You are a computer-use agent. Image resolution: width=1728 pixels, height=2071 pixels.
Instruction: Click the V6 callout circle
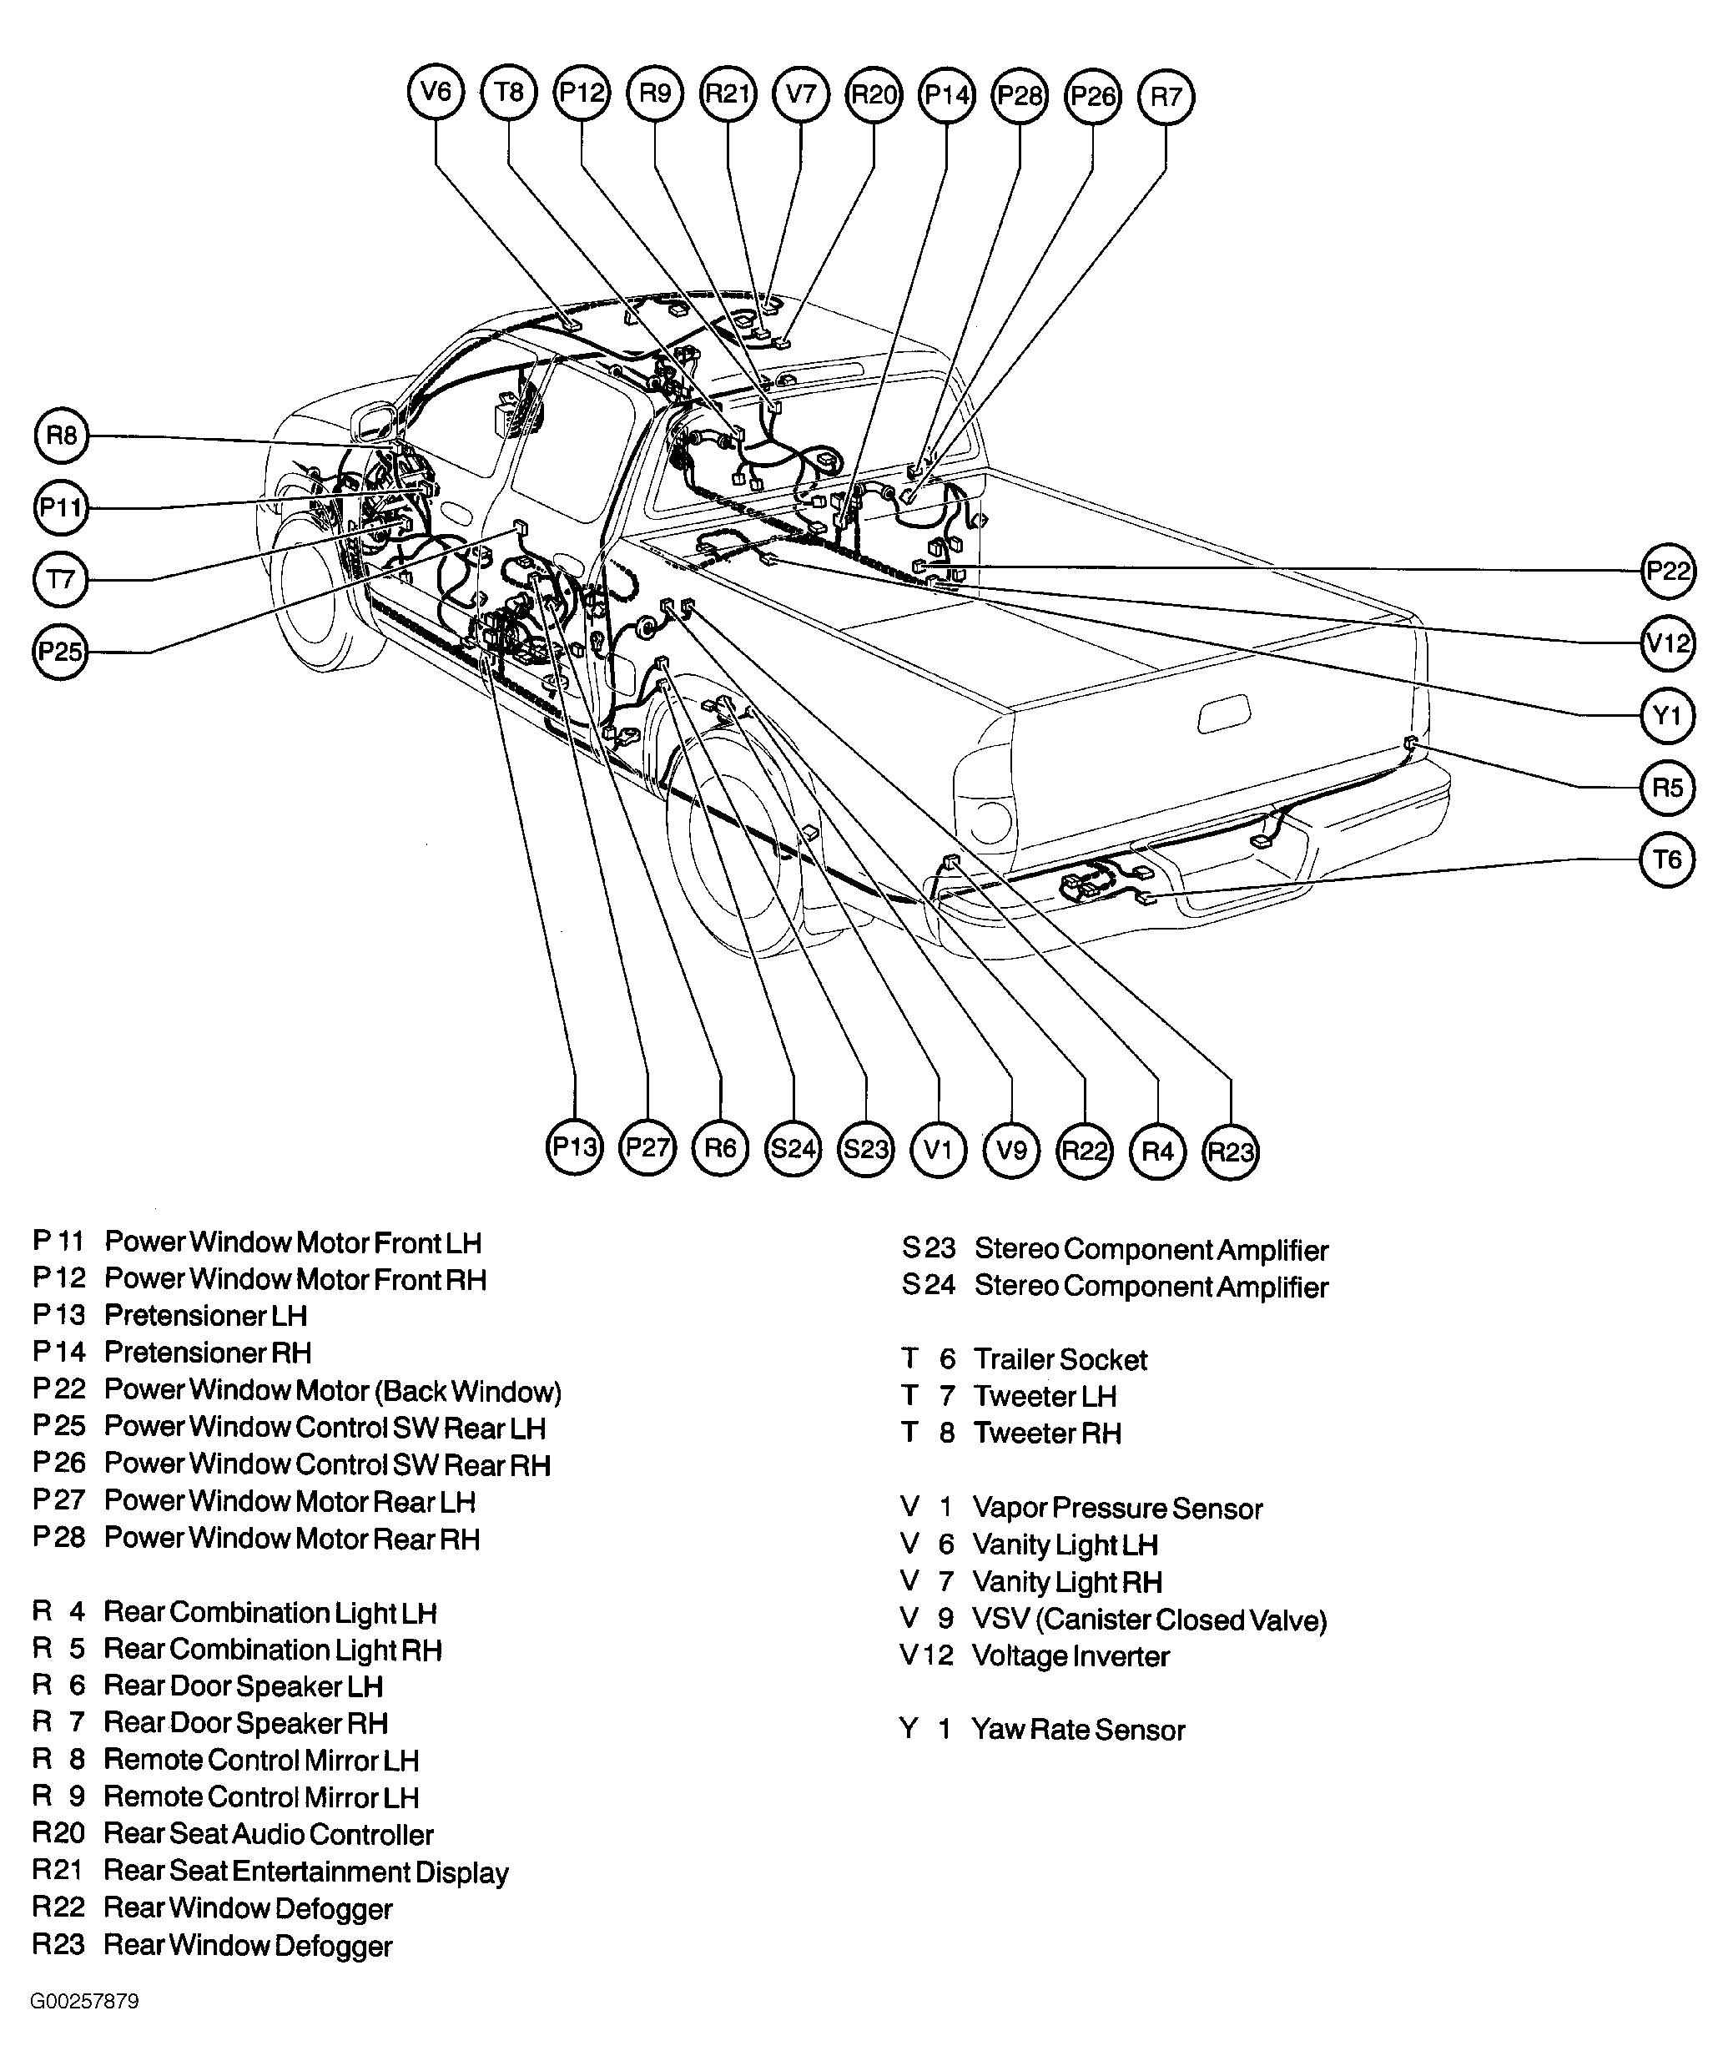pos(436,93)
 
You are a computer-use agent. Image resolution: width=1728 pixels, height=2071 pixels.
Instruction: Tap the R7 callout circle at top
pos(1166,97)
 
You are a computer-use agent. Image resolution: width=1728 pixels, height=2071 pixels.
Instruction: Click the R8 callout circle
pos(61,435)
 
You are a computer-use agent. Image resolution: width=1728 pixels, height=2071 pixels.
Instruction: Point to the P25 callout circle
pos(60,651)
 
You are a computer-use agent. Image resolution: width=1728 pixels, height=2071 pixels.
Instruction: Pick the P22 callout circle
pos(1668,571)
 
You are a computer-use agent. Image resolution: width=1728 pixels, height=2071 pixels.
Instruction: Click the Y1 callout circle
pos(1668,715)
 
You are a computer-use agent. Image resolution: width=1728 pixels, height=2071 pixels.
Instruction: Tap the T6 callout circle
pos(1668,859)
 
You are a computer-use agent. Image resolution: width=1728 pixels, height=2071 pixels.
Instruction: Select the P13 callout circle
pos(574,1146)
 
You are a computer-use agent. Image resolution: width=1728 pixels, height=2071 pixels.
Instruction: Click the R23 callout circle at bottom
pos(1231,1151)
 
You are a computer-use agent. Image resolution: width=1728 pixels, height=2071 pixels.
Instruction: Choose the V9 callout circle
pos(1012,1149)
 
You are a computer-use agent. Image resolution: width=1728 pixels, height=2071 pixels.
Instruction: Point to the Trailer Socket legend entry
pos(1060,1359)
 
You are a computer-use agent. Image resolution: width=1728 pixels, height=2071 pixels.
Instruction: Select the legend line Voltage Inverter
pos(1071,1655)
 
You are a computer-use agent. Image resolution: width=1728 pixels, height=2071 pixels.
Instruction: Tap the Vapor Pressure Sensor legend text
pos(1117,1508)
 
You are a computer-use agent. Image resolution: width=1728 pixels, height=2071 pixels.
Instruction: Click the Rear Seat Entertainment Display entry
pos(305,1871)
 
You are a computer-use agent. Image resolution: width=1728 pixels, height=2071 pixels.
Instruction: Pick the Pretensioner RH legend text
pos(207,1352)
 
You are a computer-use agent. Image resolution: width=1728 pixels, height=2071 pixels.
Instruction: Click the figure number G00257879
pos(85,2001)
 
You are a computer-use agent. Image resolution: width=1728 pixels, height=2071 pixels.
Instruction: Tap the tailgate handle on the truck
pos(1224,714)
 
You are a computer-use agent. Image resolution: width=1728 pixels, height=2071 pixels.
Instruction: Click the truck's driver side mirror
pos(374,421)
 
